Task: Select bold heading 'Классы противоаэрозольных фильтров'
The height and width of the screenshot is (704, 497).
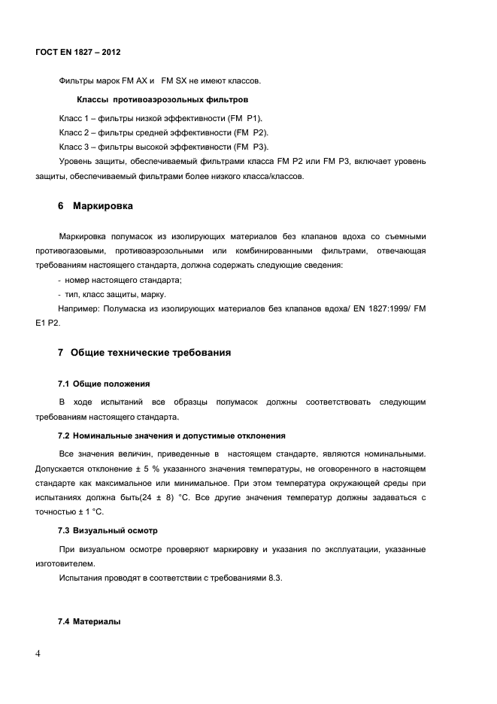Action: [x=163, y=99]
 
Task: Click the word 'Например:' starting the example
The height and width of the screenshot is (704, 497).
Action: [x=79, y=309]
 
